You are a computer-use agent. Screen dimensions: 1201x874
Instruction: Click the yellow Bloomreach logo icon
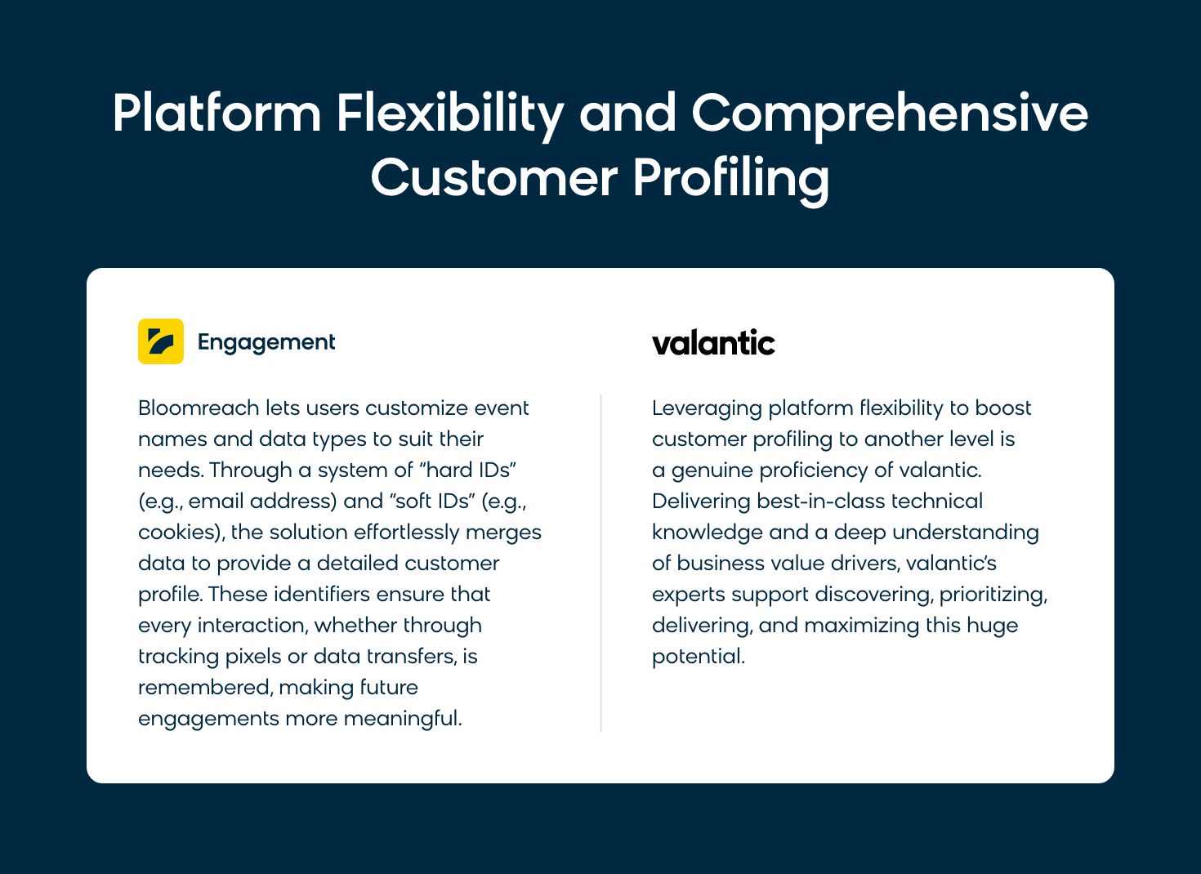click(x=161, y=341)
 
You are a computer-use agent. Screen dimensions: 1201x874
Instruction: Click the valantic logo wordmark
click(x=713, y=342)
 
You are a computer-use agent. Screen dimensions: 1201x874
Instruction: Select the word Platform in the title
click(x=217, y=113)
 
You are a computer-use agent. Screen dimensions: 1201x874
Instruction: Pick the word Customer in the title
click(x=494, y=178)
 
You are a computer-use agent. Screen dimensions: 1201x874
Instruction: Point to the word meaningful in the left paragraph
click(x=402, y=719)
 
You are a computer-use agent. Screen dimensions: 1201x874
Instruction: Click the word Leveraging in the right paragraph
click(x=708, y=409)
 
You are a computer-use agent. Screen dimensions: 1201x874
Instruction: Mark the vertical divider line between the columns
click(x=601, y=563)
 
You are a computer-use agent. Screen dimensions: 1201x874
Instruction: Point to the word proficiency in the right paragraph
click(x=814, y=471)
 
